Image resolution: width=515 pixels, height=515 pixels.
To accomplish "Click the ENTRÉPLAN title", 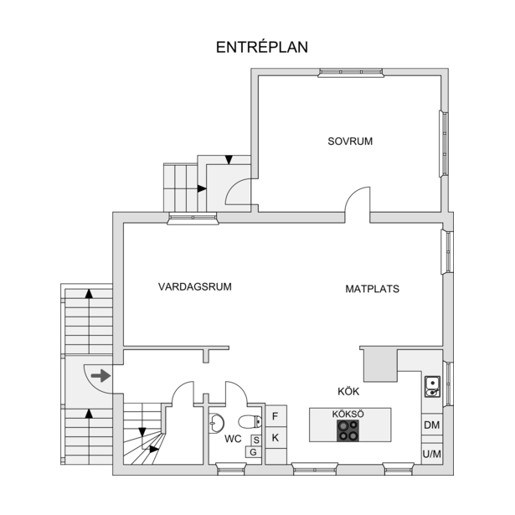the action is [262, 47].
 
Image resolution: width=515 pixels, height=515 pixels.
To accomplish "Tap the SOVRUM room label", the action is [350, 142].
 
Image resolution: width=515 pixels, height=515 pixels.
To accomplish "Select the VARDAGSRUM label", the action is [195, 286].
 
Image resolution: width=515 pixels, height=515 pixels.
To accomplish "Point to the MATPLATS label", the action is [372, 289].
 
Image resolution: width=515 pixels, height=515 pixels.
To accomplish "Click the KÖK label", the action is [348, 391].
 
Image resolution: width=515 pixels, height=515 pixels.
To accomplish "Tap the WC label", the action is [233, 439].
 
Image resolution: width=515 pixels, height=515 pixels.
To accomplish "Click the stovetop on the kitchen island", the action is [348, 430].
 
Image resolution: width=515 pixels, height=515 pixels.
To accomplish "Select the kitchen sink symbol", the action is [432, 387].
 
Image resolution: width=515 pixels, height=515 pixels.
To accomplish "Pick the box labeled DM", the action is [432, 425].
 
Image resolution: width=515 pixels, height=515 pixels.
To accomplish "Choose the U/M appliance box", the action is [432, 454].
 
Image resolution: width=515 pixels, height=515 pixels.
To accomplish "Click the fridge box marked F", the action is [276, 416].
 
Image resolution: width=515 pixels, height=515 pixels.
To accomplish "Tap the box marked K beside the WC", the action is [276, 437].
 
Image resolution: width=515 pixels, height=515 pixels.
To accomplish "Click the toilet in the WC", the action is [250, 422].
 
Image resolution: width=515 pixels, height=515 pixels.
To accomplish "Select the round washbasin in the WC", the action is [216, 423].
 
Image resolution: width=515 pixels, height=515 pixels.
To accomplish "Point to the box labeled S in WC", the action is [256, 440].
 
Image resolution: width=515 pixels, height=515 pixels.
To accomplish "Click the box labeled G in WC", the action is [253, 452].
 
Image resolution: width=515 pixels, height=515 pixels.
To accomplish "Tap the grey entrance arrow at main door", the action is [100, 376].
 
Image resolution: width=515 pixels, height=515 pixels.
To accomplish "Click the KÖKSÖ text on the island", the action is [348, 414].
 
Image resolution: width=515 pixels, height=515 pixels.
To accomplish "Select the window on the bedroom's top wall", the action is [351, 73].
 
